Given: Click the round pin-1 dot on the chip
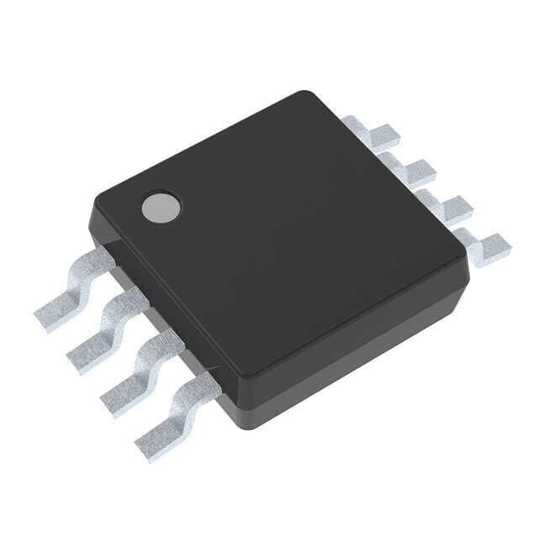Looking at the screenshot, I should pyautogui.click(x=161, y=207).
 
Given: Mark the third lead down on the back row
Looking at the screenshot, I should pyautogui.click(x=446, y=205).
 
